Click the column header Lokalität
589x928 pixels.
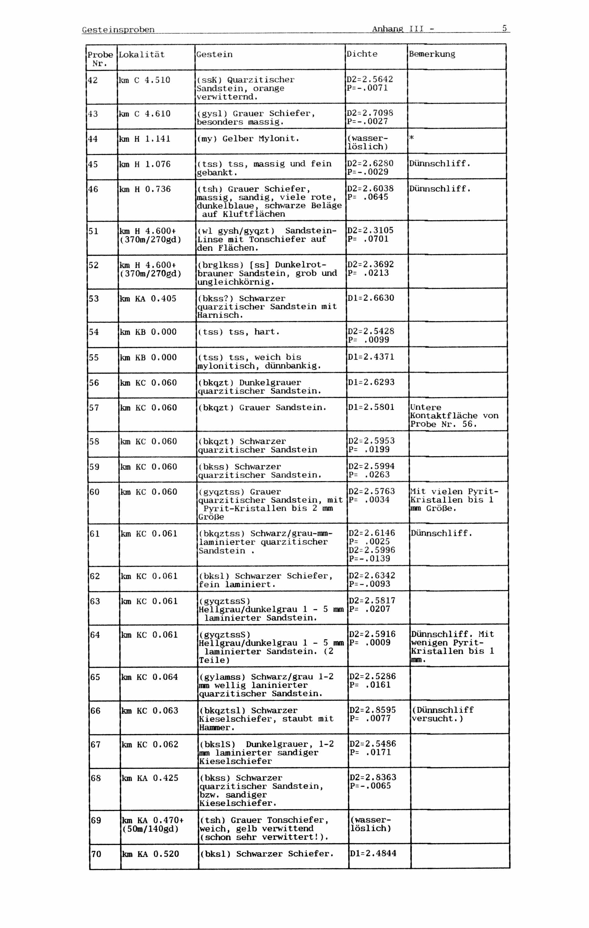pyautogui.click(x=142, y=55)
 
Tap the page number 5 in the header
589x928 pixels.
pyautogui.click(x=504, y=28)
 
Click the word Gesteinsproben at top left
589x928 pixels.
pyautogui.click(x=118, y=30)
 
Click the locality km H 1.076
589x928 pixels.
pyautogui.click(x=144, y=164)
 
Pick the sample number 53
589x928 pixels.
pyautogui.click(x=94, y=299)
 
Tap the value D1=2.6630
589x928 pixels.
pyautogui.click(x=371, y=298)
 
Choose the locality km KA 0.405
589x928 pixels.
pyautogui.click(x=148, y=299)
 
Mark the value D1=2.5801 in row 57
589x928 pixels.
pyautogui.click(x=371, y=407)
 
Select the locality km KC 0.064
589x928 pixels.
pyautogui.click(x=150, y=677)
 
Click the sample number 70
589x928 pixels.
pyautogui.click(x=96, y=854)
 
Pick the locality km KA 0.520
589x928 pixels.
pyautogui.click(x=150, y=854)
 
